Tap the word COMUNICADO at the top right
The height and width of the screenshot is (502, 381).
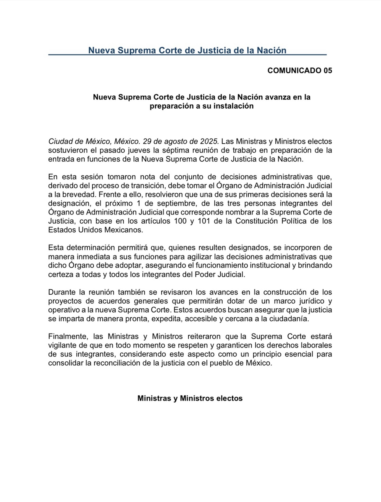[x=294, y=70]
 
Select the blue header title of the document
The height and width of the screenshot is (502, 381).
[x=187, y=50]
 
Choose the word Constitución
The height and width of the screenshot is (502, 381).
[x=255, y=221]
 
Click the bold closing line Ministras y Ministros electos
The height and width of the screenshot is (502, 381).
[x=190, y=398]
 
